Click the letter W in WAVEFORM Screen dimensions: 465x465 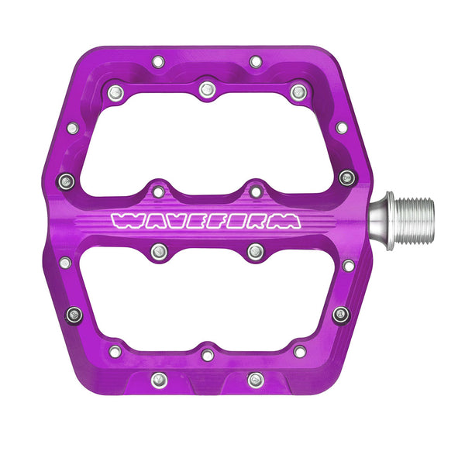coord(124,222)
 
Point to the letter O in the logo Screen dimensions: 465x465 coord(236,222)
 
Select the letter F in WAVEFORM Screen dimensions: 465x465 coord(215,222)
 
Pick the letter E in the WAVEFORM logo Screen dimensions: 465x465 coord(196,222)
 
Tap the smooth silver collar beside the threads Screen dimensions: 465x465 coord(381,221)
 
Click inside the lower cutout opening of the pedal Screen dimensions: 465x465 coord(207,299)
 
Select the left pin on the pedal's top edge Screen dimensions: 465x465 coord(158,62)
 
